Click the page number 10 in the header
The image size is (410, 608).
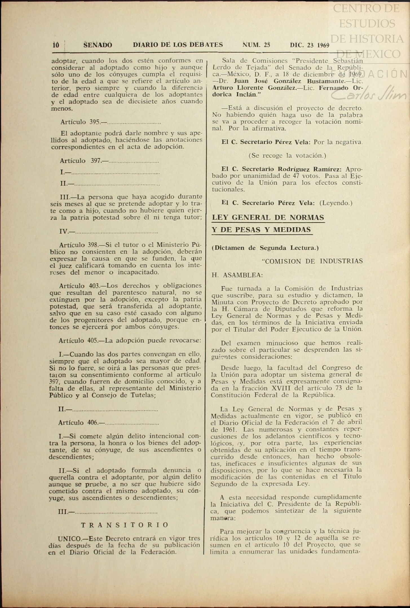[x=56, y=45]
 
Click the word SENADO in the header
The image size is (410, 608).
[x=98, y=45]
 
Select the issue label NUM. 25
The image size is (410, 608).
[x=256, y=45]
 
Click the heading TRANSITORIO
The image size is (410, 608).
[x=125, y=525]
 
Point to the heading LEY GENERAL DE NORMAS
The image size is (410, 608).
[x=268, y=217]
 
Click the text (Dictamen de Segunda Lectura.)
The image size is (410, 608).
[x=265, y=248]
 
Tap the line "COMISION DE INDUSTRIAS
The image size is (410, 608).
[x=312, y=261]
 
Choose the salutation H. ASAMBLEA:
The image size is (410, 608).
[x=237, y=275]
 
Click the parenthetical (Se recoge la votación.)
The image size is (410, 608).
[x=287, y=156]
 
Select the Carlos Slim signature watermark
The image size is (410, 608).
[x=368, y=95]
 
